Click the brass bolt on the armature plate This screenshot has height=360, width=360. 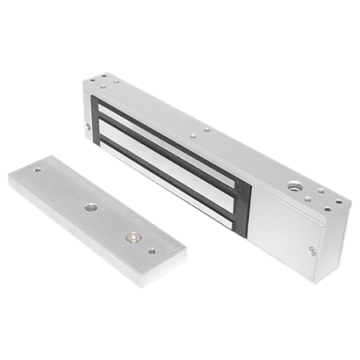click(130, 238)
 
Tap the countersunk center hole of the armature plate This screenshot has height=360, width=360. click(89, 207)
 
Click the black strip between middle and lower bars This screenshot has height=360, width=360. click(168, 166)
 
